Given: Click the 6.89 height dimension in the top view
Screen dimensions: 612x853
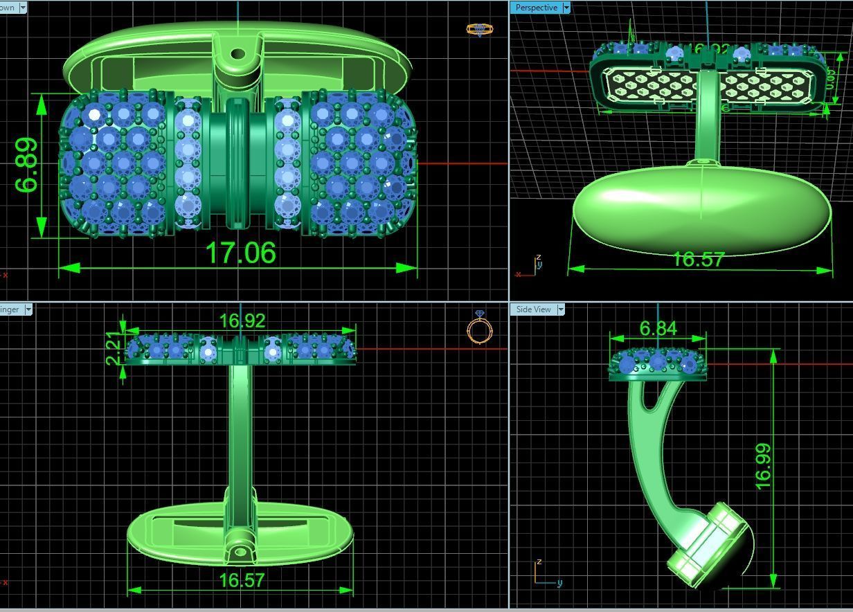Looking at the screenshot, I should tap(26, 165).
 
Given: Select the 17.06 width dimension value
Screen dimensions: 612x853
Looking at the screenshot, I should tap(240, 253).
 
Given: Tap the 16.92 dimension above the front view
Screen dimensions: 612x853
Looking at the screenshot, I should tap(242, 321).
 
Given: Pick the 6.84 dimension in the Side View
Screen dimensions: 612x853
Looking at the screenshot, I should tap(658, 328).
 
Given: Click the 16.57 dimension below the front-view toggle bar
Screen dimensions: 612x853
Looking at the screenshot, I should tap(242, 580).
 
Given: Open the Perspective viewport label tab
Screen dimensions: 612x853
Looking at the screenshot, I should tap(536, 8).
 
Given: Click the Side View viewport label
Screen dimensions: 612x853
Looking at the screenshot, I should tap(533, 309).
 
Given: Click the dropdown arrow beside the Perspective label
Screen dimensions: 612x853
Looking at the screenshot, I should tap(566, 8).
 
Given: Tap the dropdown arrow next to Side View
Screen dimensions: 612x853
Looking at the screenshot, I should tap(559, 309).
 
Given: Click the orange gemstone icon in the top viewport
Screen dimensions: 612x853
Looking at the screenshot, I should tap(479, 29).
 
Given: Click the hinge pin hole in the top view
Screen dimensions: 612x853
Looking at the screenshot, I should tap(238, 53).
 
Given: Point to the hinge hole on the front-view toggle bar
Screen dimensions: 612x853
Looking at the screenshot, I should tap(240, 552).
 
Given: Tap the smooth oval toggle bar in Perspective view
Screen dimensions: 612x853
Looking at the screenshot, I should tap(699, 208).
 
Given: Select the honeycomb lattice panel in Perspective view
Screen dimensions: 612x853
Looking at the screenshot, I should tap(706, 87).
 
